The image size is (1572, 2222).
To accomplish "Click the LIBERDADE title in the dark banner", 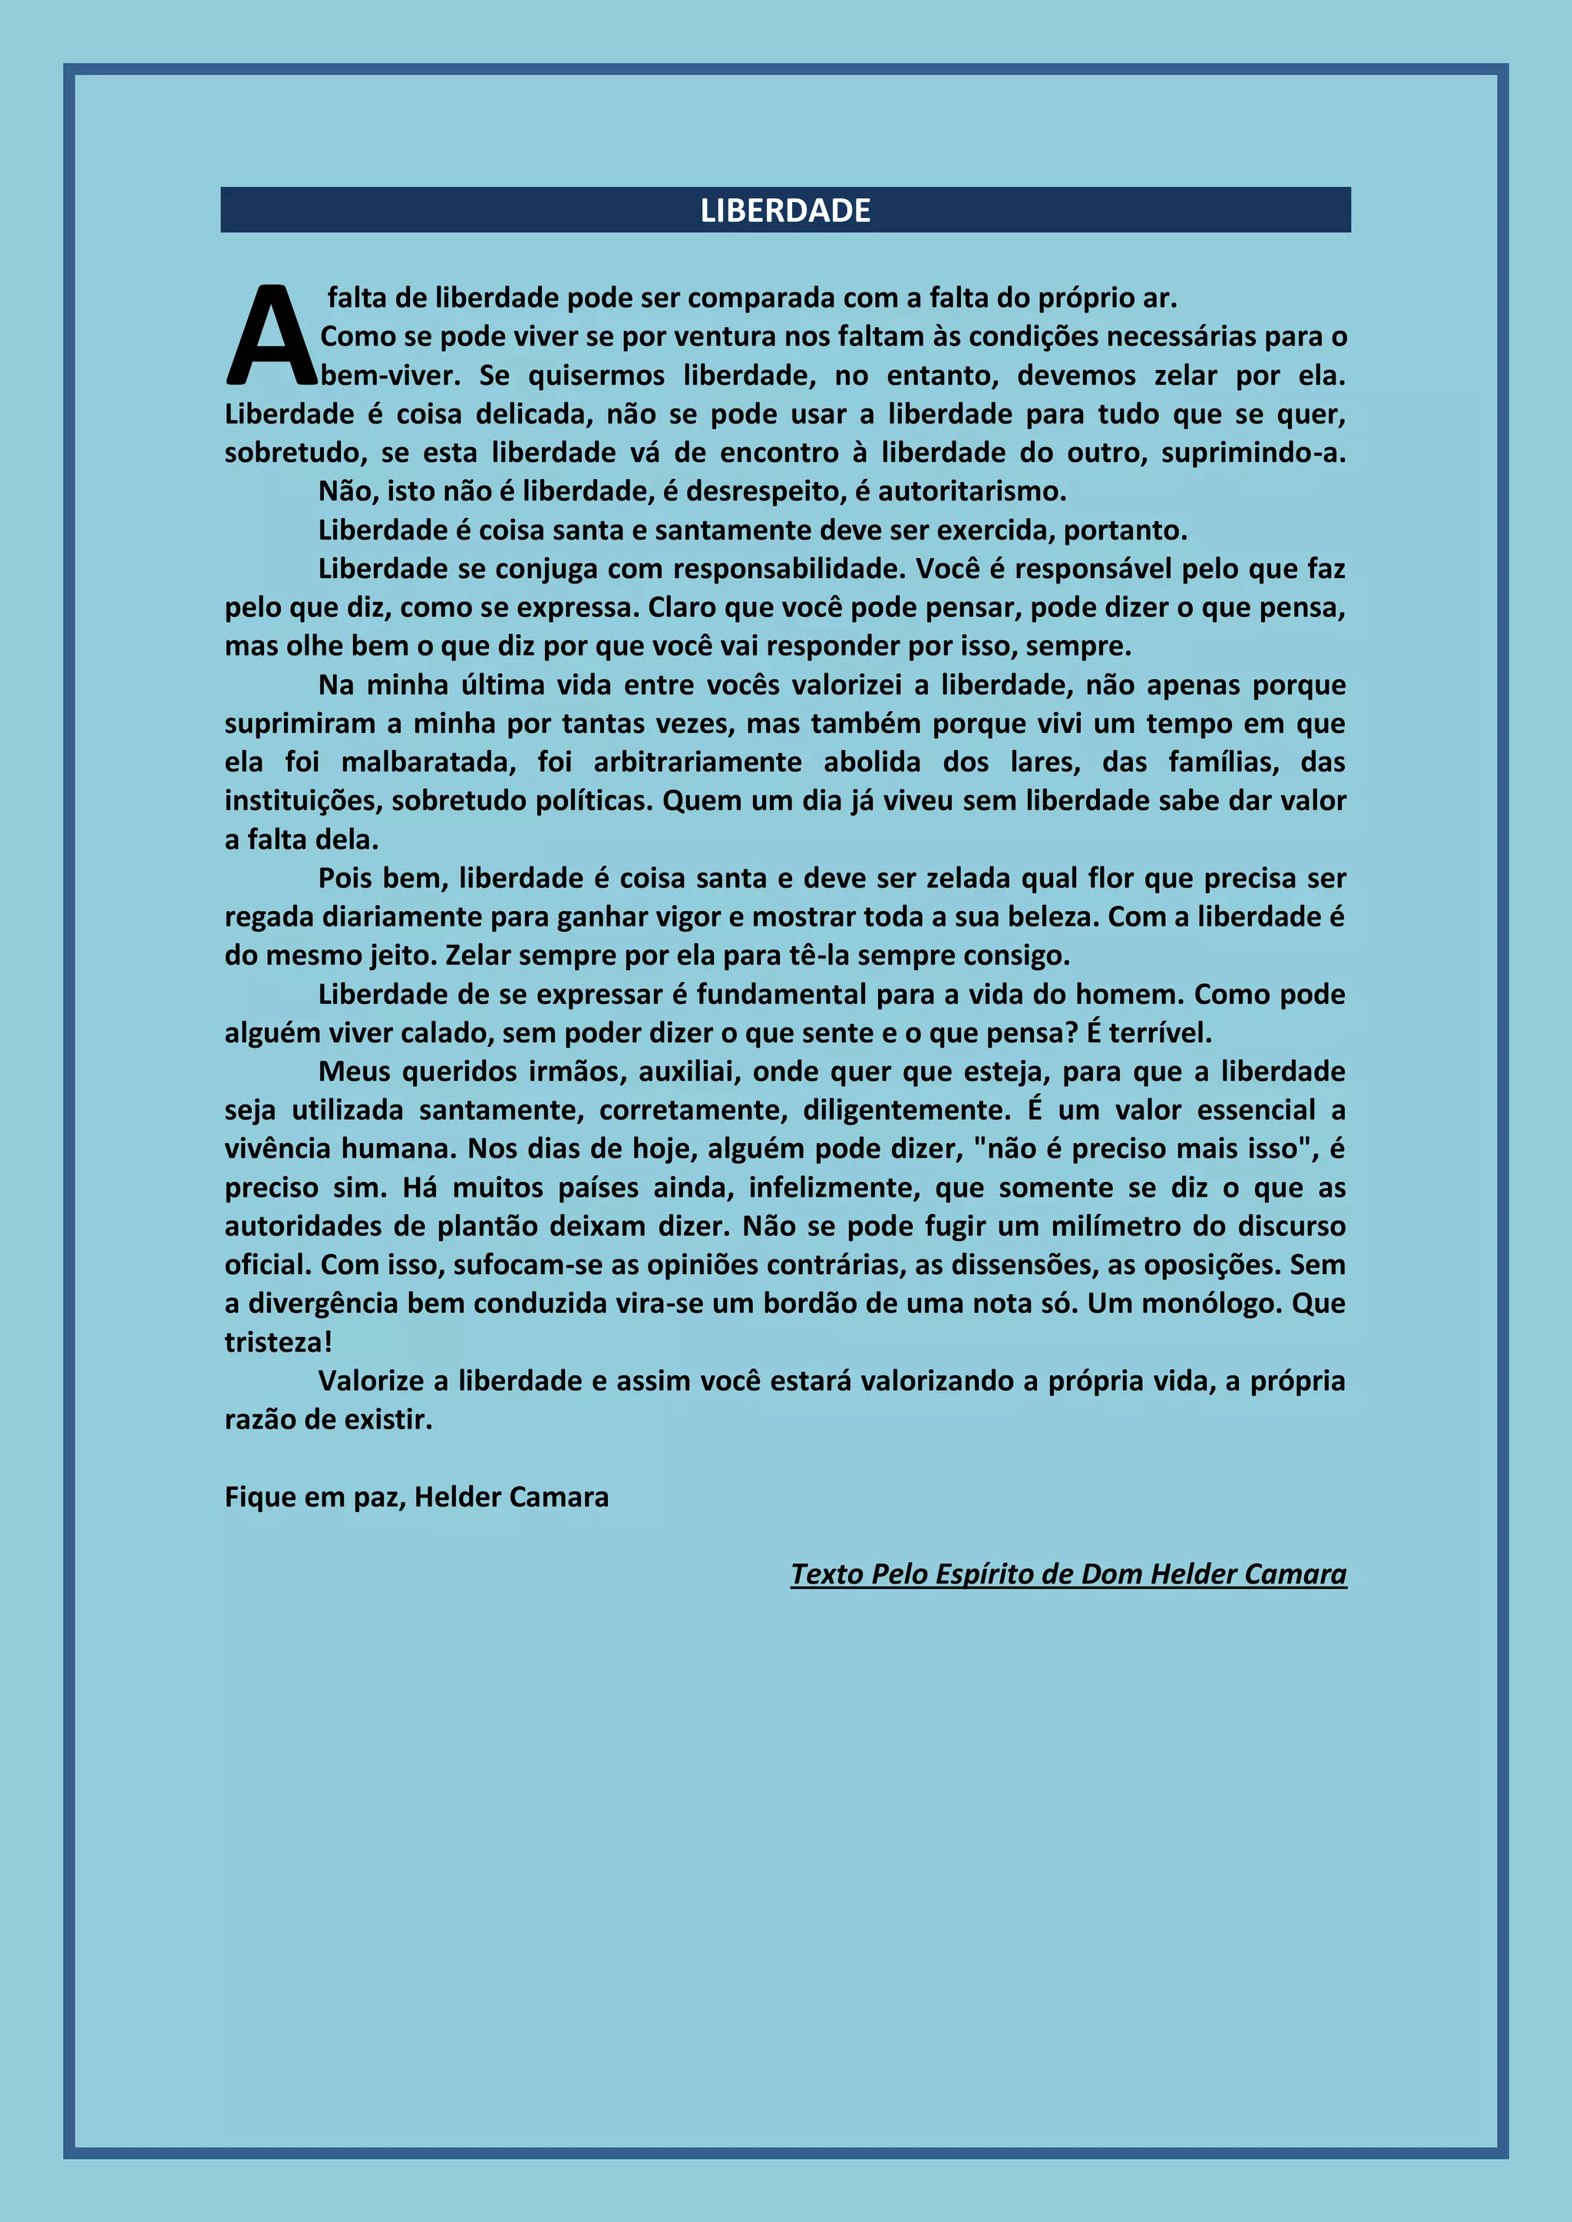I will (785, 210).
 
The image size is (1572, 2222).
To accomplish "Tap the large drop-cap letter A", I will (272, 336).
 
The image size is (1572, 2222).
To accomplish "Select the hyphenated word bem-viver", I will (391, 375).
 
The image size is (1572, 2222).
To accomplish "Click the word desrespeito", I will (756, 492).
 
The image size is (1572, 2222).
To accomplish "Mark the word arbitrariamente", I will (697, 763).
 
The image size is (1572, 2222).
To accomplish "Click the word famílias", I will (1224, 763).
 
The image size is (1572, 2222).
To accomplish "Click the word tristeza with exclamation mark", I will (279, 1343).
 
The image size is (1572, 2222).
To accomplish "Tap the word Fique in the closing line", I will (260, 1498).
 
